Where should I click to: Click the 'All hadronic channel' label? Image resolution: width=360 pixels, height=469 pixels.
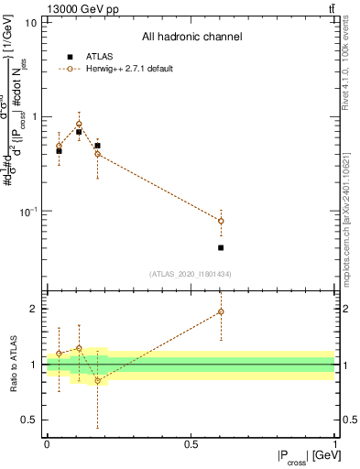(191, 38)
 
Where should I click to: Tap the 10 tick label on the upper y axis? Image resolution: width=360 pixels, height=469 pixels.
(30, 22)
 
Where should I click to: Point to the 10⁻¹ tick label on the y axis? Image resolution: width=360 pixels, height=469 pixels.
(27, 212)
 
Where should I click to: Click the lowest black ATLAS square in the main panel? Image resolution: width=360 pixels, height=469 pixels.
(221, 247)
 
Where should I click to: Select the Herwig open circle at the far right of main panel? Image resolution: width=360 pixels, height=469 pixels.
(221, 221)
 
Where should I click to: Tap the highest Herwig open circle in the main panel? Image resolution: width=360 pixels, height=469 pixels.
(79, 124)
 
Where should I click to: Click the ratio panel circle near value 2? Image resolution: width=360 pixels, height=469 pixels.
(221, 311)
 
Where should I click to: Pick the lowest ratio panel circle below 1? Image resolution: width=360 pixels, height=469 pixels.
(97, 380)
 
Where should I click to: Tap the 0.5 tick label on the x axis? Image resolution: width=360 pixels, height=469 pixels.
(191, 444)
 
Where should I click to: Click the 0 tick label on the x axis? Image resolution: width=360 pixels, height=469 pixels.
(47, 444)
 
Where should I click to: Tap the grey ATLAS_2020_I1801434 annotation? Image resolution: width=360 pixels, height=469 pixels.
(191, 274)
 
